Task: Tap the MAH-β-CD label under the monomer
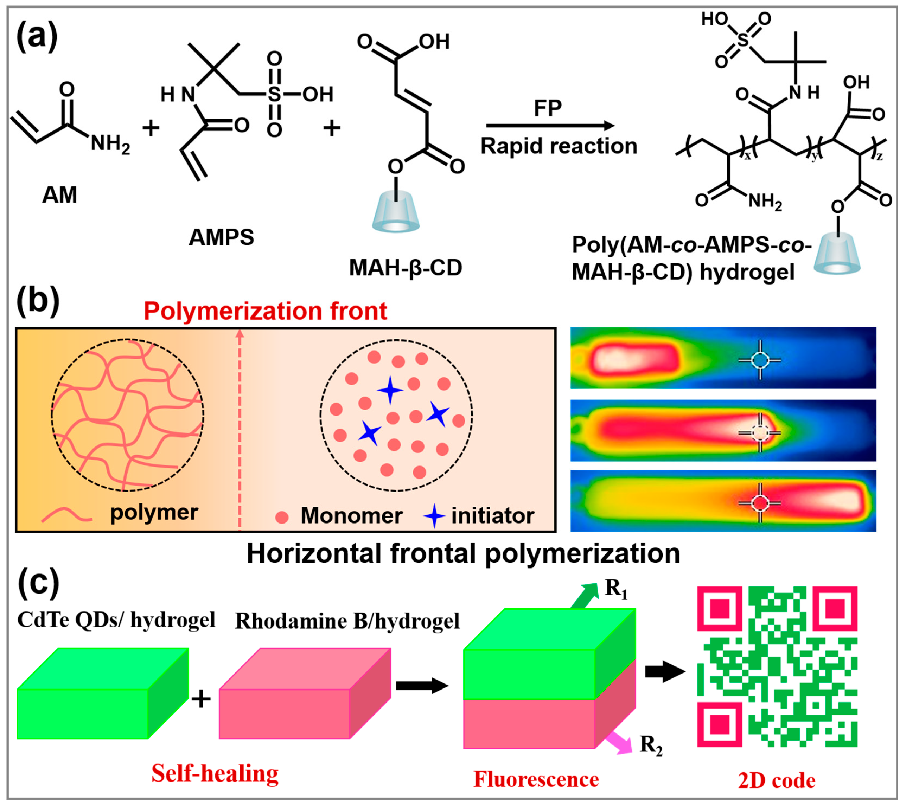pyautogui.click(x=405, y=267)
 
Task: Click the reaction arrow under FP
pyautogui.click(x=550, y=126)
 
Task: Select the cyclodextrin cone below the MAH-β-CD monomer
pyautogui.click(x=395, y=213)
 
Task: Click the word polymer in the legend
pyautogui.click(x=154, y=513)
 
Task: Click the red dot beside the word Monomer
pyautogui.click(x=282, y=517)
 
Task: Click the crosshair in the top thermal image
pyautogui.click(x=760, y=360)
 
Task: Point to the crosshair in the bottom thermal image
pyautogui.click(x=760, y=503)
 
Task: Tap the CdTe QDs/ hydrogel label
pyautogui.click(x=116, y=620)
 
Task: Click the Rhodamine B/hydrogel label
pyautogui.click(x=347, y=621)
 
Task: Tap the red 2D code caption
pyautogui.click(x=776, y=780)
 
